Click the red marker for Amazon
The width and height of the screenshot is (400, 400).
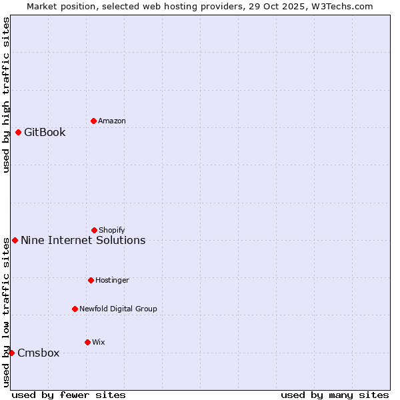tap(93, 121)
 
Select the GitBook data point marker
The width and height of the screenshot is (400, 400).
tap(18, 132)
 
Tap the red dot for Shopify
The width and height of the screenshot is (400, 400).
tap(94, 230)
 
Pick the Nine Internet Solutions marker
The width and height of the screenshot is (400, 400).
tap(15, 240)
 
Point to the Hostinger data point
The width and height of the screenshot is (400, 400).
tap(91, 280)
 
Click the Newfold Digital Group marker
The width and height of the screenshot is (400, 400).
tap(75, 309)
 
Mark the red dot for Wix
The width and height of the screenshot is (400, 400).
tap(87, 342)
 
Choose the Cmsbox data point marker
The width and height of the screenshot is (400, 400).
tap(11, 353)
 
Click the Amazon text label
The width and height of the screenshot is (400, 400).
tap(112, 121)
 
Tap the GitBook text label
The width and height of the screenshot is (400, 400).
tap(45, 132)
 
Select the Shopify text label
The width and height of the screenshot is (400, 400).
tap(112, 230)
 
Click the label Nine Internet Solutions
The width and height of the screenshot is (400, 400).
tap(83, 240)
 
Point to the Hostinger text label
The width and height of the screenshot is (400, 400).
tap(112, 280)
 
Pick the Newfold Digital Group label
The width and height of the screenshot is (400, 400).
tap(118, 309)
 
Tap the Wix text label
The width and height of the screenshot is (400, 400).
tap(99, 342)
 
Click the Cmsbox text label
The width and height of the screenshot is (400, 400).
tap(38, 353)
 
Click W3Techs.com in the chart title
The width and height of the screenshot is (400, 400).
tap(339, 6)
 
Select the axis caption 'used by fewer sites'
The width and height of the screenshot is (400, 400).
tap(69, 395)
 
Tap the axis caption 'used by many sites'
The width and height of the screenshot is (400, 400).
tap(335, 395)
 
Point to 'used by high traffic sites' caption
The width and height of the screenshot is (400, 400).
tap(6, 95)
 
